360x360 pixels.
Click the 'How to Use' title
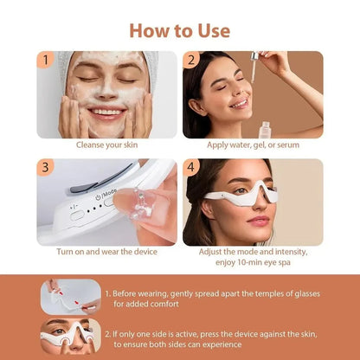tap(180, 30)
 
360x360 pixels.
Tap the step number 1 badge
tap(44, 61)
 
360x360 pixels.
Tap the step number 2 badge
tap(192, 61)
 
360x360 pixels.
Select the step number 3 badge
tap(44, 167)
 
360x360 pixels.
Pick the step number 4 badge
tap(192, 167)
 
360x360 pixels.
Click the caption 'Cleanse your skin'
tap(106, 145)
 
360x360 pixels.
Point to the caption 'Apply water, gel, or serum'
tap(253, 145)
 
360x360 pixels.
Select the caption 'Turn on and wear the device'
tap(106, 252)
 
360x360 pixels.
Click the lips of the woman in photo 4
tap(258, 222)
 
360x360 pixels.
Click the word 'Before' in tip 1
tap(128, 292)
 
